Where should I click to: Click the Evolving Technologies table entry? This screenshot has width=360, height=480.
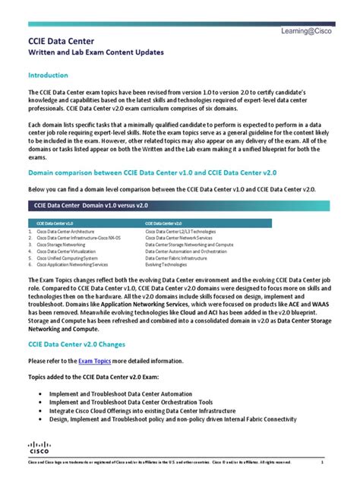click(165, 265)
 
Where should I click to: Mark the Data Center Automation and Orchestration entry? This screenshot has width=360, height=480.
click(185, 251)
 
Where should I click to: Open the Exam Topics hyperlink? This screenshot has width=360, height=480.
click(95, 362)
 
